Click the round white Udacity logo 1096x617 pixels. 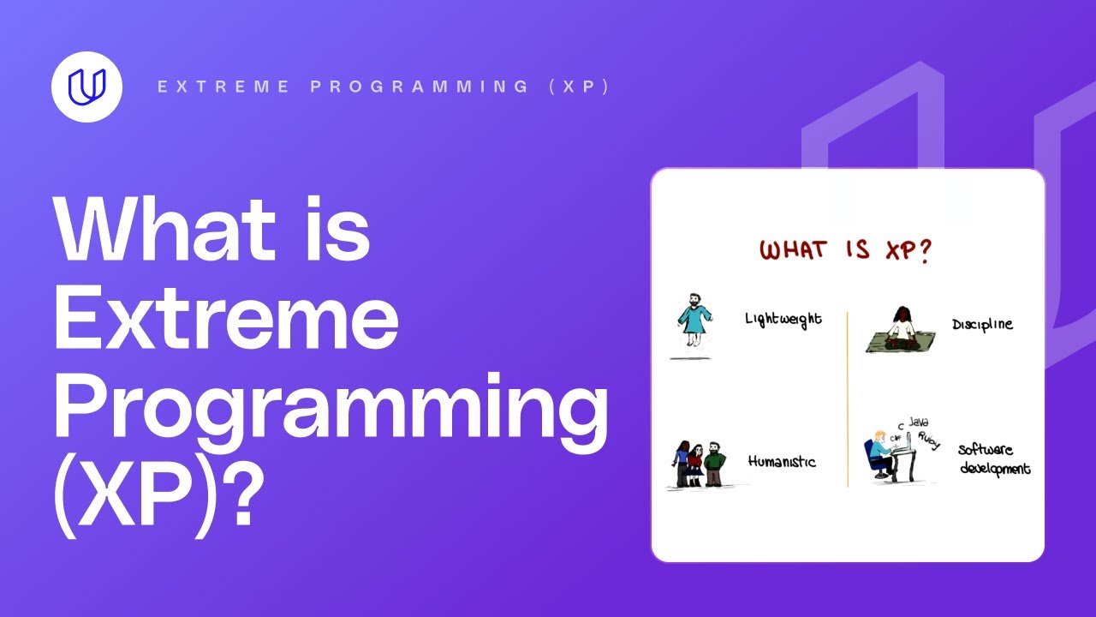pos(86,87)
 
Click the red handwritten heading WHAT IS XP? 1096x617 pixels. pos(845,251)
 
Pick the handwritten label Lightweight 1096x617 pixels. pos(783,319)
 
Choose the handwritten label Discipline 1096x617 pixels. pos(982,325)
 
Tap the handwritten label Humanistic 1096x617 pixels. pos(781,461)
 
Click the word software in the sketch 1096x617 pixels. pos(985,450)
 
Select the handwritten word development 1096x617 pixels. pos(995,469)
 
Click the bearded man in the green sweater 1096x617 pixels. pos(716,464)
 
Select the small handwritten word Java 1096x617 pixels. pos(918,422)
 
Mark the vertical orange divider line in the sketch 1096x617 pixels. pos(848,398)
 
